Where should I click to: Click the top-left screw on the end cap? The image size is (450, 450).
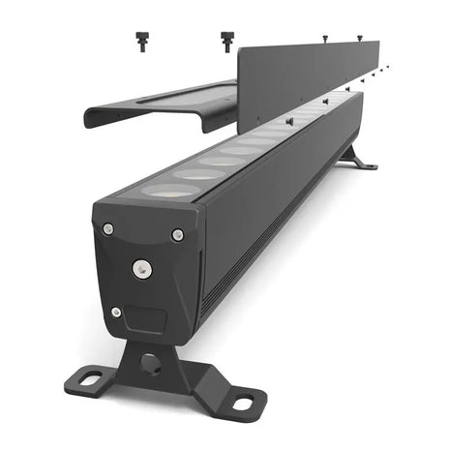click(108, 228)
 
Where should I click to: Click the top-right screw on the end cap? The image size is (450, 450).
click(177, 234)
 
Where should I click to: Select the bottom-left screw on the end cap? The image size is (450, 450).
click(116, 312)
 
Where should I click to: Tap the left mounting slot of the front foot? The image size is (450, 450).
click(88, 379)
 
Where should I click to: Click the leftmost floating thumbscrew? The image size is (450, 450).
click(141, 41)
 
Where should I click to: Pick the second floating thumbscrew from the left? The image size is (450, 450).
click(227, 41)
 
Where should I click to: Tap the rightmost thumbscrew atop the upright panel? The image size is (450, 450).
click(359, 38)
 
